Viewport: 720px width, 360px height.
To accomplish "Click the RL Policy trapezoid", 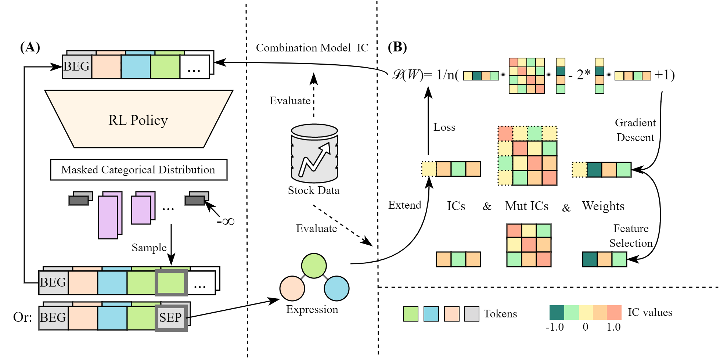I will pos(138,120).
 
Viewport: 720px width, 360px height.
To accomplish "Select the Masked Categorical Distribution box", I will pos(138,170).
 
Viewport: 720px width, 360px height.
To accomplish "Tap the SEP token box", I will pos(171,317).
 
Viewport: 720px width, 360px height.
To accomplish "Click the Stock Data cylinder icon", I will pos(314,154).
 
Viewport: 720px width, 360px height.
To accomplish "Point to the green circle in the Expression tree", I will pos(314,266).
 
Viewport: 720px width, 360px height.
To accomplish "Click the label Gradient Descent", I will pos(635,130).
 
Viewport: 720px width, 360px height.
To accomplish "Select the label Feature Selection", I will pos(631,236).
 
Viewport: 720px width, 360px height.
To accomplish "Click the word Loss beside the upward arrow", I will pos(444,127).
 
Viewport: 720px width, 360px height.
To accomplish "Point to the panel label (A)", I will pos(30,47).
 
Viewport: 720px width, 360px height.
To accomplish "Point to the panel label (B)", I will pos(397,47).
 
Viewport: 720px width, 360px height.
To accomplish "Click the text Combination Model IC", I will pos(312,48).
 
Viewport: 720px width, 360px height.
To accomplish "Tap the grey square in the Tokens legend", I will pos(472,314).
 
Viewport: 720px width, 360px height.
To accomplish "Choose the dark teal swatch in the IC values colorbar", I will pos(557,313).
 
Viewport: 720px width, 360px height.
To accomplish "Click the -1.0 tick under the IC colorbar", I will pos(555,327).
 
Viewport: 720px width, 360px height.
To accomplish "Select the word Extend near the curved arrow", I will pos(404,205).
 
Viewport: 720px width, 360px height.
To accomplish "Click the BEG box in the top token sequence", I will pos(77,66).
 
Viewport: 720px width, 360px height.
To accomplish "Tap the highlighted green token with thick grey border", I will pos(171,282).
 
